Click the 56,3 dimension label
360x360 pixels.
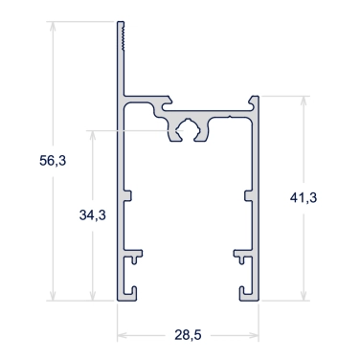[x=53, y=161]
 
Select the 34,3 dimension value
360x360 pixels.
[x=93, y=215]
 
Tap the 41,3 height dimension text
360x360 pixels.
[x=304, y=198]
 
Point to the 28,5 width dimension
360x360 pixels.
[x=188, y=335]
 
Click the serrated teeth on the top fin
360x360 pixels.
[x=124, y=36]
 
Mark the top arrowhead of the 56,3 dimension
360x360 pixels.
[x=53, y=27]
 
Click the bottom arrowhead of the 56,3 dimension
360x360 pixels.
[x=53, y=296]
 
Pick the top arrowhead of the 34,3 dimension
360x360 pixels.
[x=93, y=136]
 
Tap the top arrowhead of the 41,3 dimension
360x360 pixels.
[x=304, y=101]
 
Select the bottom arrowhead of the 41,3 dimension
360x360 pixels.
[x=304, y=296]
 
